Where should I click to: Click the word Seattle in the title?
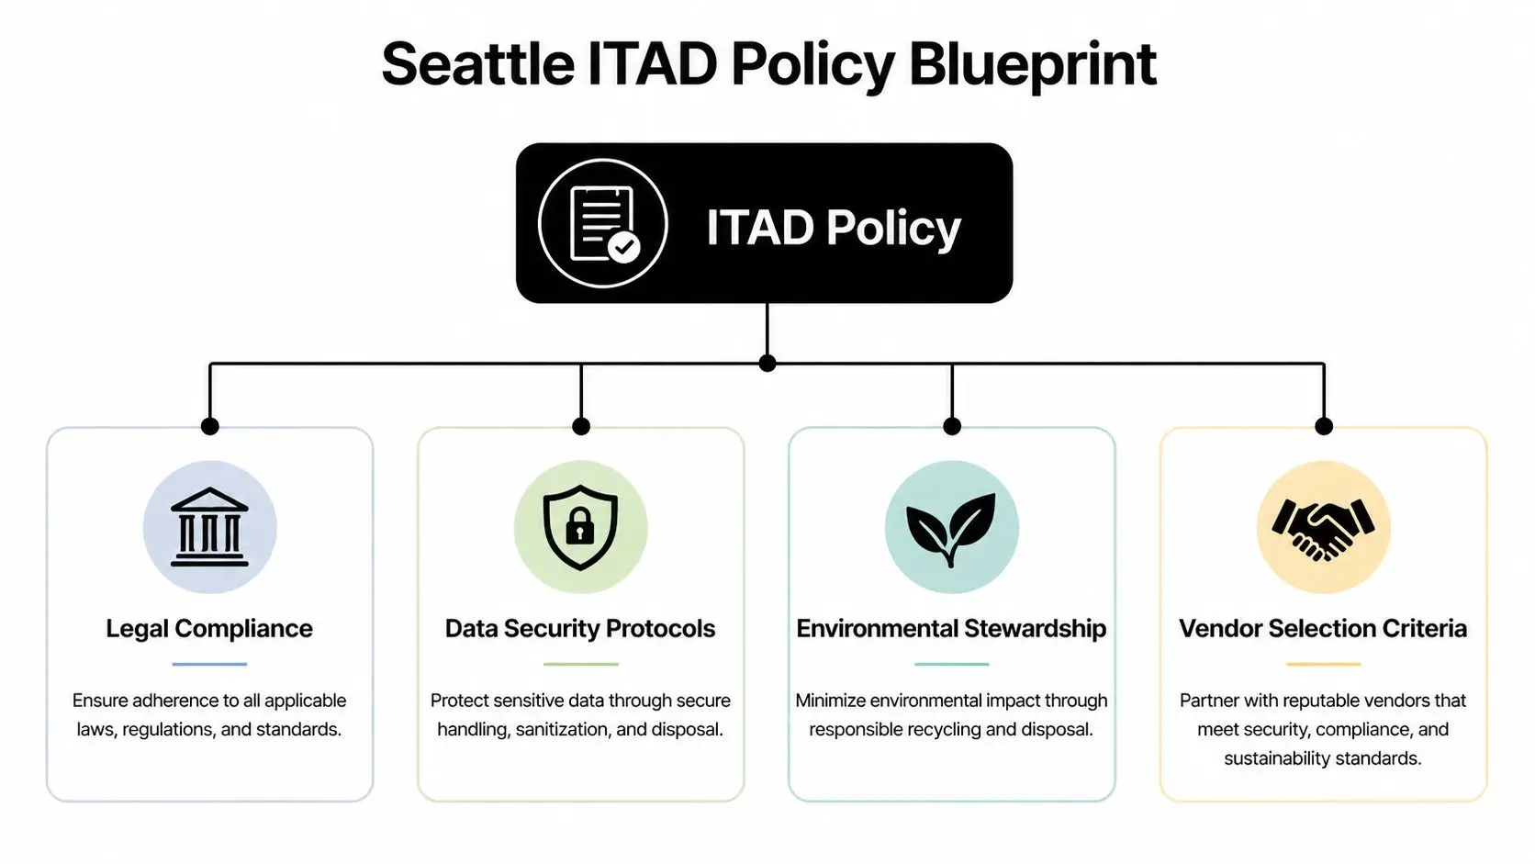click(477, 64)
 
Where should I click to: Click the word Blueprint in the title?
click(1032, 64)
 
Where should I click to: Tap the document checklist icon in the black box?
click(602, 224)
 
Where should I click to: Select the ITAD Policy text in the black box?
click(833, 227)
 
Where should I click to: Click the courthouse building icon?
click(209, 527)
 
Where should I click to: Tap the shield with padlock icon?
click(580, 527)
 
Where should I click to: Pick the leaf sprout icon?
click(951, 527)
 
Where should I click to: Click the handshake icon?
click(1323, 527)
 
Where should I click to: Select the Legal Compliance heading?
click(209, 628)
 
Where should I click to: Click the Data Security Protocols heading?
click(580, 628)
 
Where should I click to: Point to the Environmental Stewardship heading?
click(951, 628)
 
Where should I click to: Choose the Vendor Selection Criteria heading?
click(1323, 628)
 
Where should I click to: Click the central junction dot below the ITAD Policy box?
click(767, 364)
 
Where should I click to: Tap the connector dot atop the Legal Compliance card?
click(209, 426)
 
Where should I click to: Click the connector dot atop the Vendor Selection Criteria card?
click(1323, 426)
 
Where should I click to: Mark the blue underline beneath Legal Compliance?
click(209, 664)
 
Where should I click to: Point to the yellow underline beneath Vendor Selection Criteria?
click(1323, 664)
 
